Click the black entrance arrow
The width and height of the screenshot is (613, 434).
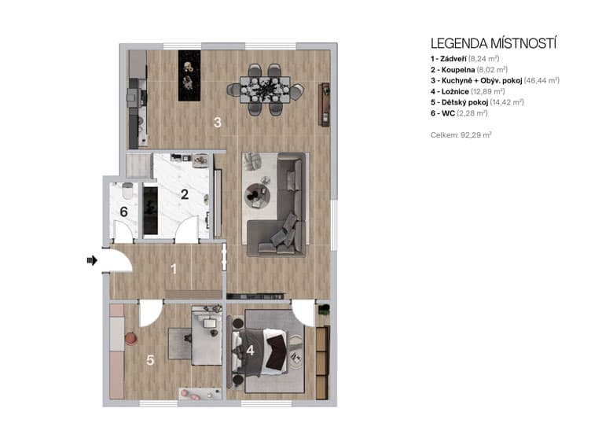91,260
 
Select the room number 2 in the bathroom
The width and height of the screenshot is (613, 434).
185,194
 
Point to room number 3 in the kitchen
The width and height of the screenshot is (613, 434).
218,122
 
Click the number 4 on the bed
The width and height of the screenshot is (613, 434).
250,351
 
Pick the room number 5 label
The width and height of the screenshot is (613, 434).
150,361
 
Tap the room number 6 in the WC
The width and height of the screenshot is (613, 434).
123,211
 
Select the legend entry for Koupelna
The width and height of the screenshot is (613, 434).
469,69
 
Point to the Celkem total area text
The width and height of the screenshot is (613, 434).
461,135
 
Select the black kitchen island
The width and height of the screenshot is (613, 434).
189,75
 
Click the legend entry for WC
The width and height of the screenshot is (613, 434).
456,113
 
